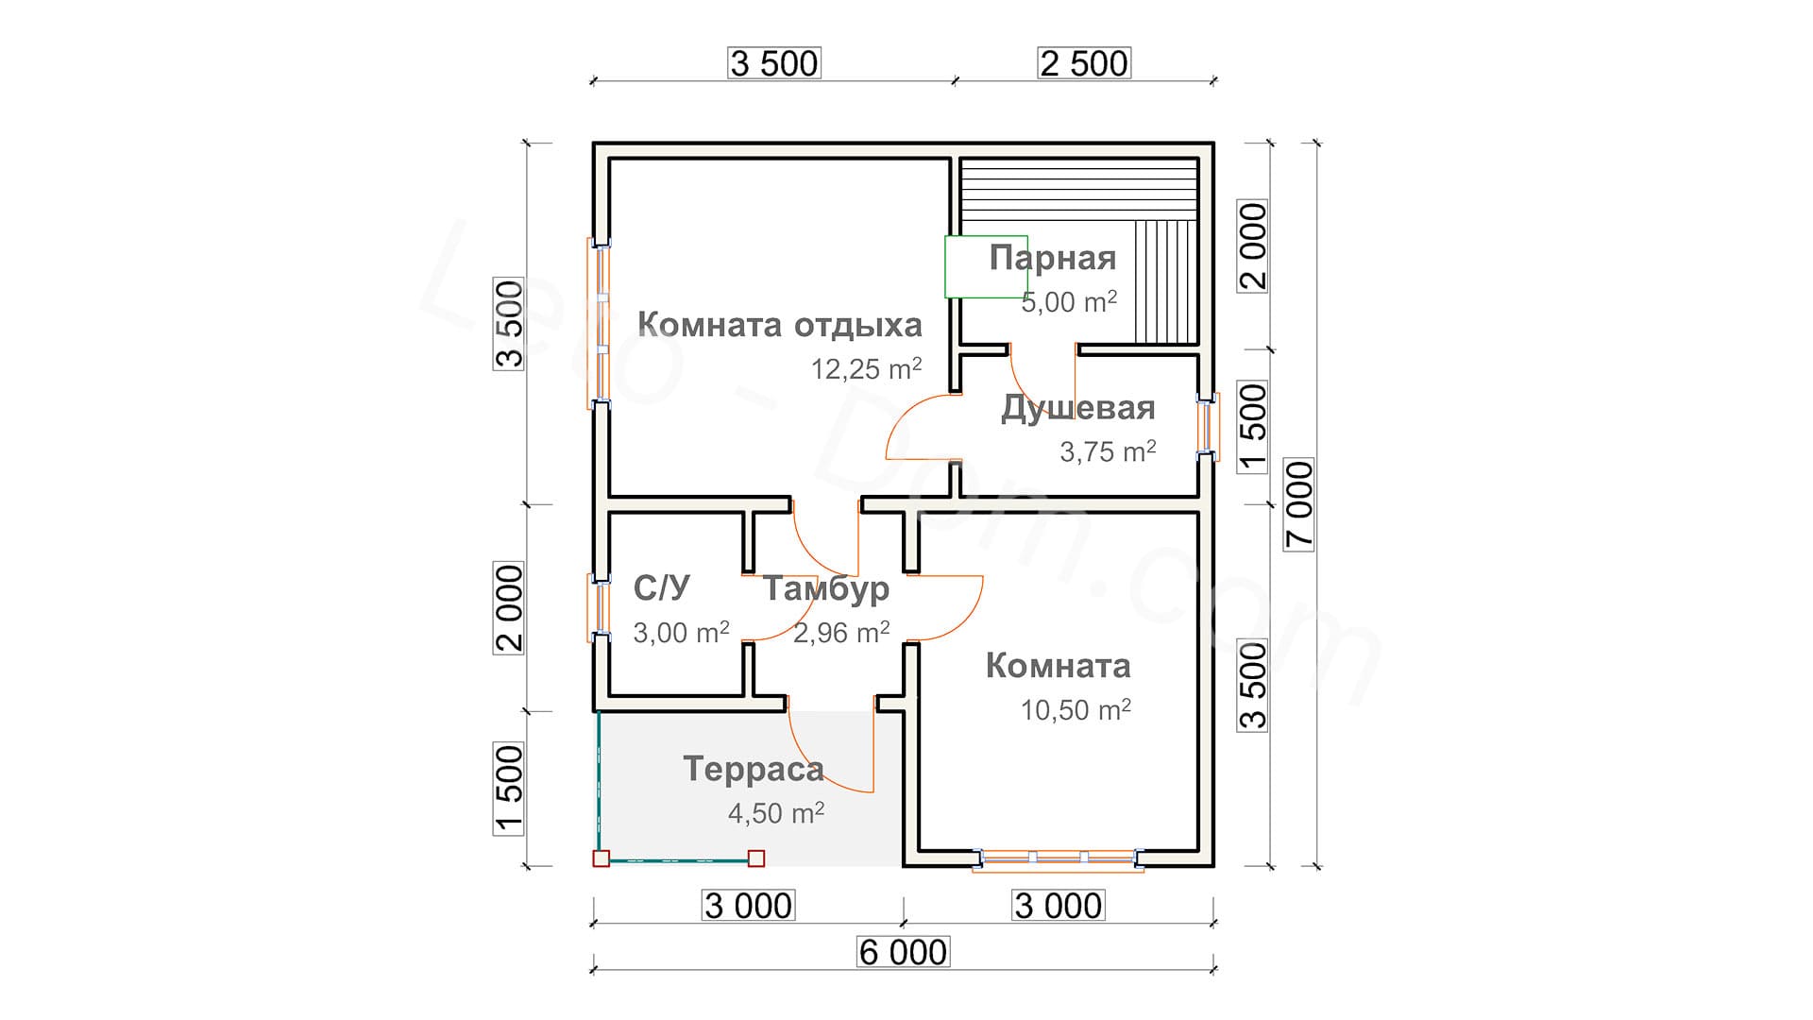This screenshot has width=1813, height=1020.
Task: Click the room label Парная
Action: coord(1052,258)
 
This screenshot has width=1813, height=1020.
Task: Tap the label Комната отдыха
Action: coord(779,325)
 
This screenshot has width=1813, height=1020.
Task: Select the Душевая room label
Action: coord(1077,408)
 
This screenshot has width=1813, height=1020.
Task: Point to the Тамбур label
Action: coord(825,588)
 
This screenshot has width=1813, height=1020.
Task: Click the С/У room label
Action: coord(661,588)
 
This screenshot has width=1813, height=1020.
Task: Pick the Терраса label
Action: coord(753,769)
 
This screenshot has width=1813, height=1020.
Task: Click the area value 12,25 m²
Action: coord(866,369)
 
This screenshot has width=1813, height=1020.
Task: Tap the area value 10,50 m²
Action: coord(1076,710)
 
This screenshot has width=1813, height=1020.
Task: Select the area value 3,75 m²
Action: coord(1108,452)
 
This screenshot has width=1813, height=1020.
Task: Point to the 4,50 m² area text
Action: coord(775,813)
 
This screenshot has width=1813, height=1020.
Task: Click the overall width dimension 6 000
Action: coord(902,952)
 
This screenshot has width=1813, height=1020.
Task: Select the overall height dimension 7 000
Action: coord(1299,504)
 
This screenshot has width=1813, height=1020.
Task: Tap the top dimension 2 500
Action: coord(1083,63)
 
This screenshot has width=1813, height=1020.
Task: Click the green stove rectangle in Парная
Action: coord(986,266)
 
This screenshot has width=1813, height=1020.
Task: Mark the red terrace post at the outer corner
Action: coord(601,858)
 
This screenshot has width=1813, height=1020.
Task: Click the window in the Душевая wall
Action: coord(1206,427)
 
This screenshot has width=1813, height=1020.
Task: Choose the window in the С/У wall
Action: coord(598,607)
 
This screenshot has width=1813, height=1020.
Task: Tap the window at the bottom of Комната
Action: coord(1058,858)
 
